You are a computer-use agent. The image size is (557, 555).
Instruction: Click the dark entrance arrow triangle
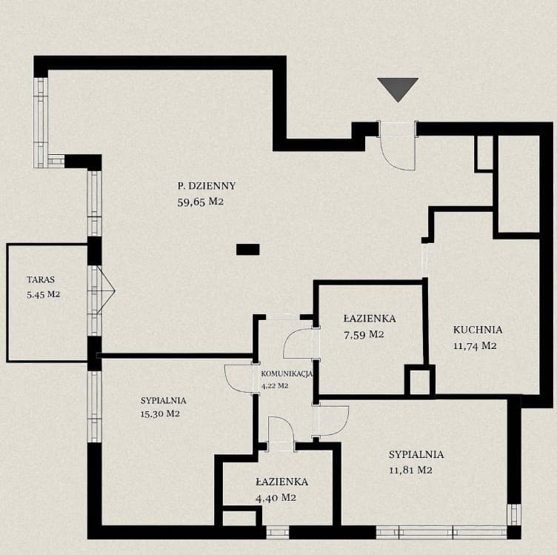tap(398, 87)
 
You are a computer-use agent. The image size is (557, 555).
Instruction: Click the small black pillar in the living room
tap(247, 249)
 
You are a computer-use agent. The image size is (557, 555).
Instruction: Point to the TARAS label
tap(41, 280)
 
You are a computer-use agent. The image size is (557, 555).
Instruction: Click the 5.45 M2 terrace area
tap(42, 294)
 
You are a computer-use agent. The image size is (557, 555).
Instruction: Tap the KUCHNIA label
tap(478, 330)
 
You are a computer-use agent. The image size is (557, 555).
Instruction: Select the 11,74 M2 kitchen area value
tap(474, 345)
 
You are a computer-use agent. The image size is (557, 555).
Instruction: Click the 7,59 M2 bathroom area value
tap(363, 334)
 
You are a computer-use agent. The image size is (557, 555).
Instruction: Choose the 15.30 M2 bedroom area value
tap(160, 414)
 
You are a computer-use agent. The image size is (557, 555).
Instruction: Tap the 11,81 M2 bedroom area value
tap(410, 470)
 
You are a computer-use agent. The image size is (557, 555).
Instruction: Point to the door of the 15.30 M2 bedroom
tap(239, 379)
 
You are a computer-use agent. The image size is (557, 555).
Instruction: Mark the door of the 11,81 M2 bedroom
tap(333, 421)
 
